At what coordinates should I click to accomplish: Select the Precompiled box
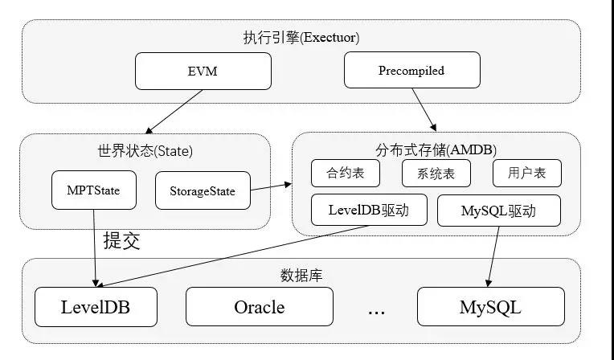(x=411, y=71)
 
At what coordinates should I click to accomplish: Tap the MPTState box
(x=92, y=190)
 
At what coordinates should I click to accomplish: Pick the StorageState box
(x=202, y=191)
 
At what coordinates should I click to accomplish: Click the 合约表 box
(x=345, y=173)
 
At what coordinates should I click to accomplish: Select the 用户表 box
(x=526, y=173)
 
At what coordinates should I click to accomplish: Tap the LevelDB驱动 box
(x=369, y=211)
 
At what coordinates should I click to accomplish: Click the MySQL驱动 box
(x=498, y=211)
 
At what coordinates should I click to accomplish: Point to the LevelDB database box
(x=96, y=307)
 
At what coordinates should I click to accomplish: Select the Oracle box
(x=259, y=307)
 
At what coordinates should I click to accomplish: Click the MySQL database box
(x=490, y=307)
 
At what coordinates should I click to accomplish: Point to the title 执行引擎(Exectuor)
(x=301, y=37)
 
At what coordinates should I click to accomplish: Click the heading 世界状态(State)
(x=144, y=149)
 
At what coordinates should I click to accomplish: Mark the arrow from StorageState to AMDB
(x=271, y=187)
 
